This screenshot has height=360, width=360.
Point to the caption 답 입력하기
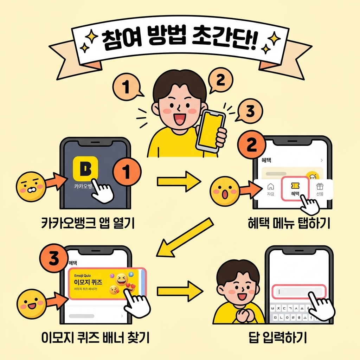pos(277,338)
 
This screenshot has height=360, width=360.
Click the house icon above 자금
pos(270,186)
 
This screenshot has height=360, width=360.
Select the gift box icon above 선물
pos(319,186)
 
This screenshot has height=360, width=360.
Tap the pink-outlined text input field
pos(299,291)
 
